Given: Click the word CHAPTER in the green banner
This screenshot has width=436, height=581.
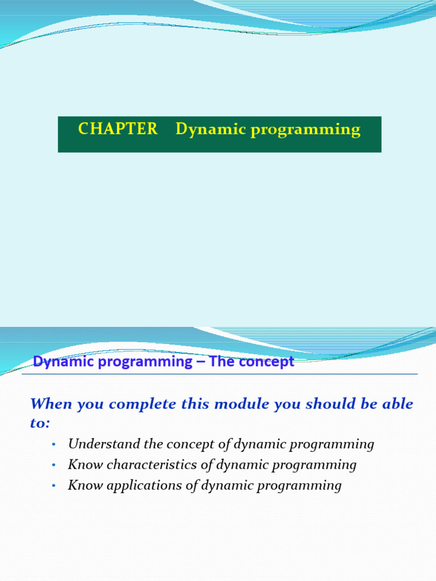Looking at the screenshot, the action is (x=118, y=129).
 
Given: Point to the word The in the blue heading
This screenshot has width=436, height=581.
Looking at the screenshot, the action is (x=221, y=361).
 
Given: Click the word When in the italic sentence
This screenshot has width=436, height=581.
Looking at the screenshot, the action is (x=51, y=403).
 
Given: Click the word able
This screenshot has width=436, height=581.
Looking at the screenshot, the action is (x=398, y=403).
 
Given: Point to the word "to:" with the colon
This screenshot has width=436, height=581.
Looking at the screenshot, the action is (x=40, y=423).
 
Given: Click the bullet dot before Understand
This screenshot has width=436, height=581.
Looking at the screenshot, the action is (x=54, y=444).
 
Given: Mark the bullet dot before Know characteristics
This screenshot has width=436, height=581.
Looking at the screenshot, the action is (x=54, y=465).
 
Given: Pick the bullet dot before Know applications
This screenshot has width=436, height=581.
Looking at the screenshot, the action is (x=54, y=486).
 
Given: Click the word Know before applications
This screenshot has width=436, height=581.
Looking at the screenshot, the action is (x=85, y=486).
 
